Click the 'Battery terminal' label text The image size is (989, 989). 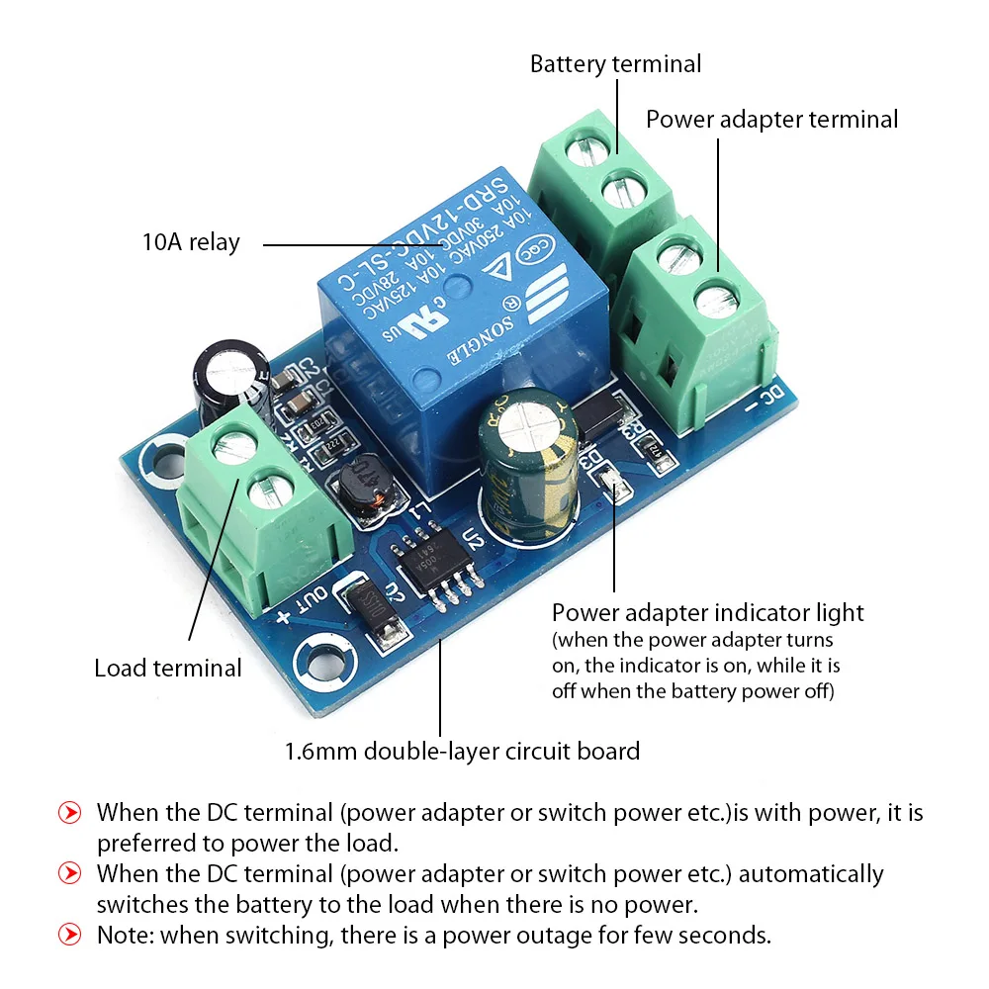pos(615,64)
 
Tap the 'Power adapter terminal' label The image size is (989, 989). pos(771,120)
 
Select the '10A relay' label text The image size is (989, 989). pos(191,242)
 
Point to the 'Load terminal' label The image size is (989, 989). pos(167,668)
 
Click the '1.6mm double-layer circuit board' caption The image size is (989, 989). pos(462,751)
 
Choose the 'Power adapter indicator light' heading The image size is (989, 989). pos(707,613)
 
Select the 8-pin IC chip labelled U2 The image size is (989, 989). pos(431,561)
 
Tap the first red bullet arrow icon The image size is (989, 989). pos(70,813)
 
